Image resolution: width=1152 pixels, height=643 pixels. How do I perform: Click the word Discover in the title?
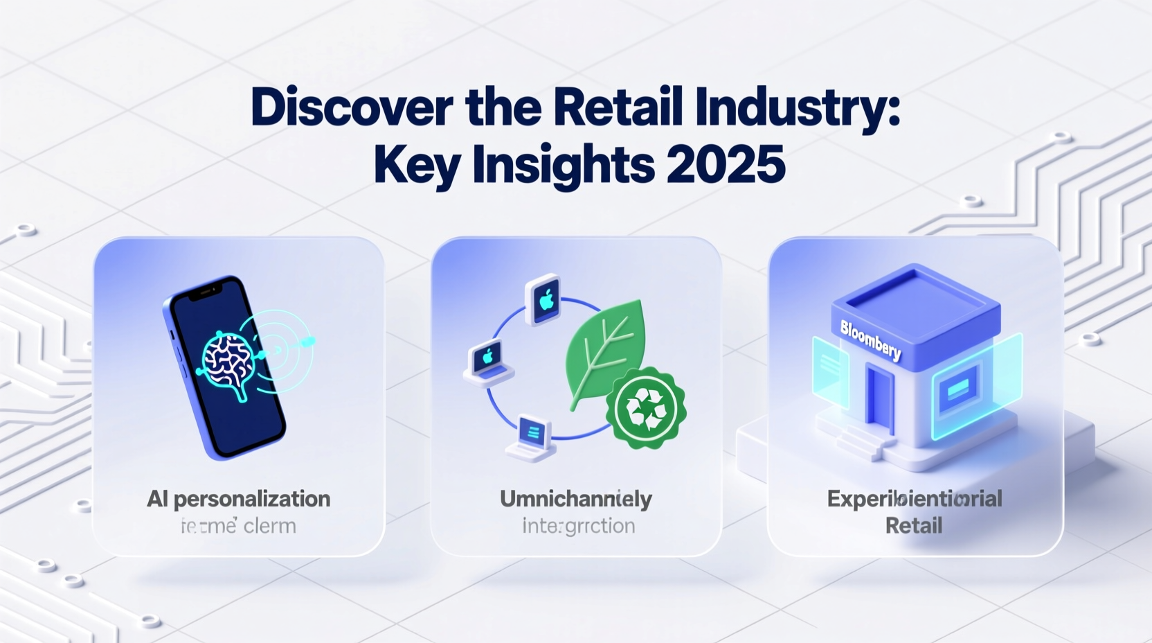352,107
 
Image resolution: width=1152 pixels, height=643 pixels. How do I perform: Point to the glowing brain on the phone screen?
225,360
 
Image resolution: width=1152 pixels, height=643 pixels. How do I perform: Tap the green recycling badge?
645,408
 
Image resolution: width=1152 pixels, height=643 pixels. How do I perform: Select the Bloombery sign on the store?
870,340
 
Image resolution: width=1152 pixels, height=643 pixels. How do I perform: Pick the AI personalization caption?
238,499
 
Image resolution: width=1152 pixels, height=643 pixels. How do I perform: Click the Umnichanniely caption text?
575,499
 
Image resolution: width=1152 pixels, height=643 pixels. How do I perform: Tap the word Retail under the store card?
913,525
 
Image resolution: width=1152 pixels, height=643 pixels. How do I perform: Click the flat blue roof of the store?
916,294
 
